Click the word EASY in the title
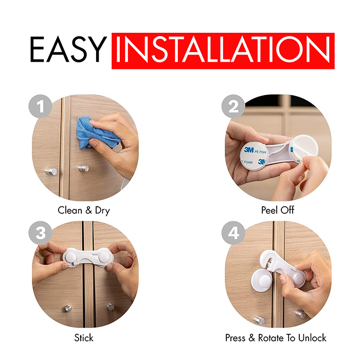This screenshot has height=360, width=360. pyautogui.click(x=66, y=50)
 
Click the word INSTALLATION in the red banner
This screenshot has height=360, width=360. pyautogui.click(x=223, y=50)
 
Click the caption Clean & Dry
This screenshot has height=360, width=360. pyautogui.click(x=84, y=210)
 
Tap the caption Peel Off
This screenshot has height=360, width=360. pyautogui.click(x=278, y=210)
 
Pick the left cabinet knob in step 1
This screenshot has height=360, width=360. pyautogui.click(x=50, y=171)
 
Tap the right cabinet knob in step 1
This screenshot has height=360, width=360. pyautogui.click(x=83, y=168)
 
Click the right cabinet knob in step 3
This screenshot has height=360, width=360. pyautogui.click(x=110, y=307)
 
